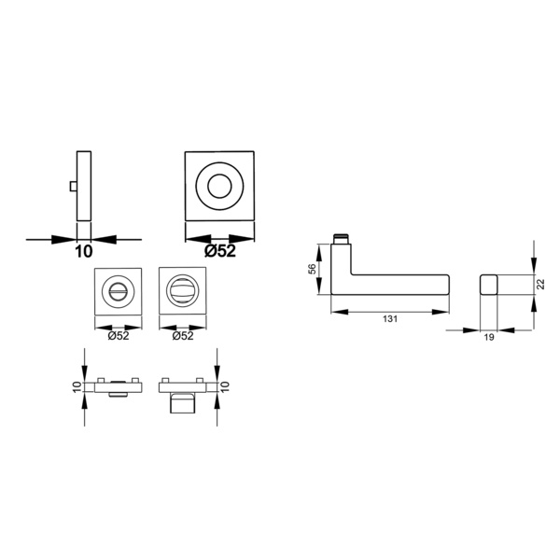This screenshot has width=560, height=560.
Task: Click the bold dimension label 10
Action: click(x=84, y=251)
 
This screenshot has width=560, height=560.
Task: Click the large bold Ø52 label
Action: click(x=220, y=251)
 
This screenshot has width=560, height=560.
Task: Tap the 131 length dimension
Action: click(x=390, y=319)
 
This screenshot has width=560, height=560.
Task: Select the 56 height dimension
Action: click(x=312, y=269)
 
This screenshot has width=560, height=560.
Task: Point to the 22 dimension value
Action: click(x=541, y=284)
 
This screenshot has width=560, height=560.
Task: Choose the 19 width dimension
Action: click(x=489, y=337)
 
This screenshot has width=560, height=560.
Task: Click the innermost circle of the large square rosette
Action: click(x=219, y=186)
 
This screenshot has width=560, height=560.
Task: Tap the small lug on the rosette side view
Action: click(x=73, y=186)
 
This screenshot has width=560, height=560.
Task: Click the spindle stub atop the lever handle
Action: click(x=340, y=239)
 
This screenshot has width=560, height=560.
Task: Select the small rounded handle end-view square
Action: click(x=488, y=285)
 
